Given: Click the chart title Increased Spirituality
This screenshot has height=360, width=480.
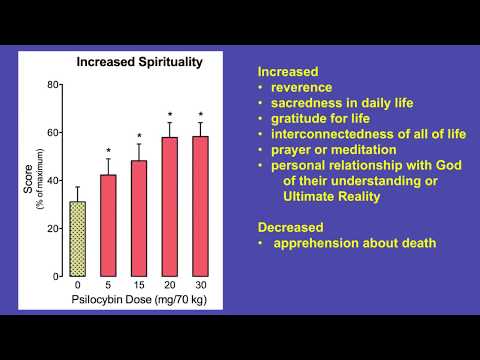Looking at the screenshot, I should click(x=140, y=62).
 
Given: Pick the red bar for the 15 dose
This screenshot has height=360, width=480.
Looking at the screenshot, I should click(x=140, y=218).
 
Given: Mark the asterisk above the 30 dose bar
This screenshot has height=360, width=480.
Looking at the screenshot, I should click(x=201, y=114).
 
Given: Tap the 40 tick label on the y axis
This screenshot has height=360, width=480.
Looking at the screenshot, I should click(x=55, y=180).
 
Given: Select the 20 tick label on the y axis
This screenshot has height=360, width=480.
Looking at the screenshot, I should click(x=55, y=228).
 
